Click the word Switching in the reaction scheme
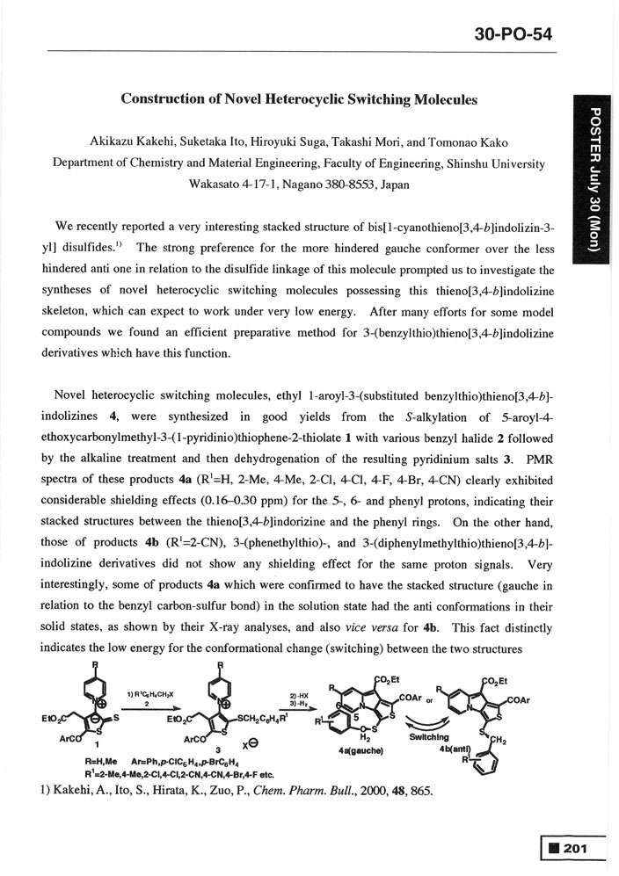point(455,736)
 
